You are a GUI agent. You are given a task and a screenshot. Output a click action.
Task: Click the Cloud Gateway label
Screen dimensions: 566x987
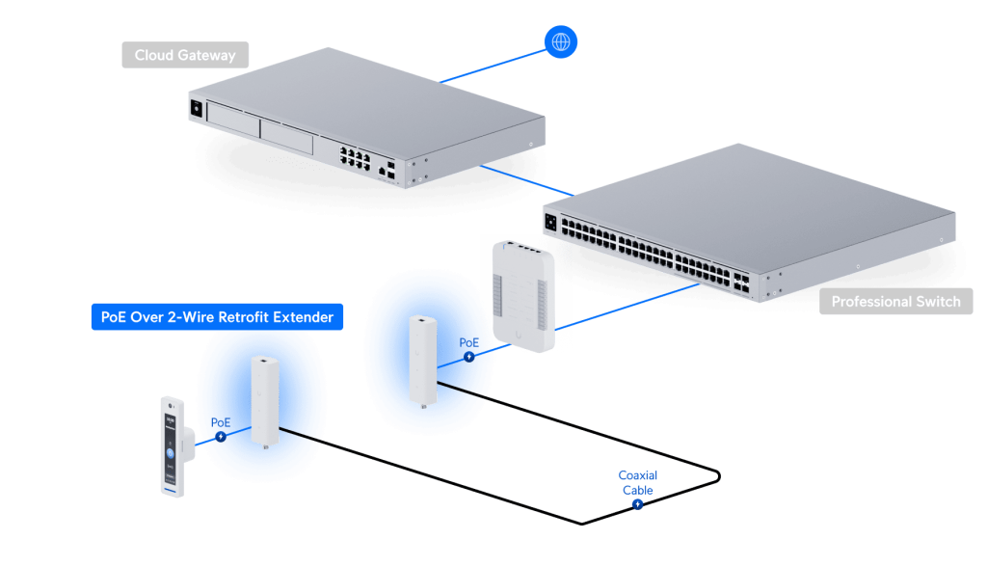point(184,55)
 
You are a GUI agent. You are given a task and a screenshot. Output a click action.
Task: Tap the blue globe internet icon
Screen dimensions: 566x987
point(560,41)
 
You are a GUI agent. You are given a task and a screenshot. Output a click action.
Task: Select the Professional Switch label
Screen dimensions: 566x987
point(895,302)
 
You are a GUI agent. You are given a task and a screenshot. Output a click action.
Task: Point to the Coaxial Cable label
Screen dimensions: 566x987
point(637,482)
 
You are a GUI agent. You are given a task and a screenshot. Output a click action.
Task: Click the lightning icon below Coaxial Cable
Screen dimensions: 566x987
point(637,504)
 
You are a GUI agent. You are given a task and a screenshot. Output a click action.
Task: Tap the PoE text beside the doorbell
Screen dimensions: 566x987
point(221,422)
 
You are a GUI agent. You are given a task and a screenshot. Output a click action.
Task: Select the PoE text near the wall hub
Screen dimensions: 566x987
point(468,342)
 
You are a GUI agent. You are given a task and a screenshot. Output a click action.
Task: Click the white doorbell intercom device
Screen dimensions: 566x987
point(171,446)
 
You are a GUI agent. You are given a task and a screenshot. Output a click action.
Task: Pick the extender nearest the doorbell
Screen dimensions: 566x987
point(263,400)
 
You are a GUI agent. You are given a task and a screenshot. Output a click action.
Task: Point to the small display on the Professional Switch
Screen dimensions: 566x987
point(552,222)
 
